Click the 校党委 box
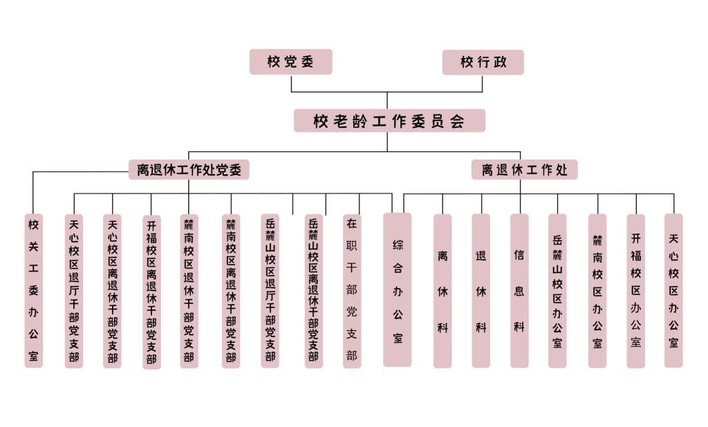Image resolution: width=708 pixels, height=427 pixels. [290, 61]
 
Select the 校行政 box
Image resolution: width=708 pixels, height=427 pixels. [483, 62]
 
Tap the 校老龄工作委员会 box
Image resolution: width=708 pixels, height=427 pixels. [389, 121]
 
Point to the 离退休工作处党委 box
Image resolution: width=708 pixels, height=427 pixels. [189, 170]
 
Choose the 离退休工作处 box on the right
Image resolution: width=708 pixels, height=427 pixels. [525, 170]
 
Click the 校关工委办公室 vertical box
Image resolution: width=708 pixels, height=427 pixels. [34, 291]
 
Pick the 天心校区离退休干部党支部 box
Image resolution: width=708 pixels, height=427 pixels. [112, 291]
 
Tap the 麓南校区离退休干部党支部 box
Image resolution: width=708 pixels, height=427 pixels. [231, 291]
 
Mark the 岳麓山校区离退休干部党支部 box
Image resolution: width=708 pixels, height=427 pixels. [314, 291]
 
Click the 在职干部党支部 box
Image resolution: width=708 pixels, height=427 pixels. [352, 291]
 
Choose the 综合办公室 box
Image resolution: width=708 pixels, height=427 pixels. [398, 290]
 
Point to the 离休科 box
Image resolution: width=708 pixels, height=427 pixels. [442, 291]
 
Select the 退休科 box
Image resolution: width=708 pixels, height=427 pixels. [481, 291]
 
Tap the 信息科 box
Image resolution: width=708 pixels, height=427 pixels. [519, 291]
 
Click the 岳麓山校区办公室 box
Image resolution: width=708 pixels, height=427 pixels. [557, 291]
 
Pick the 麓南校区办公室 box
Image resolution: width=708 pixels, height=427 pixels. [597, 291]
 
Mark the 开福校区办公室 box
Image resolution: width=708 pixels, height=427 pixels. [636, 291]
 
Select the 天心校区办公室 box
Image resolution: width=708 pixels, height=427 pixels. [673, 291]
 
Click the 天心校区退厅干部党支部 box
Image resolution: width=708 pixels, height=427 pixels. [74, 291]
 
